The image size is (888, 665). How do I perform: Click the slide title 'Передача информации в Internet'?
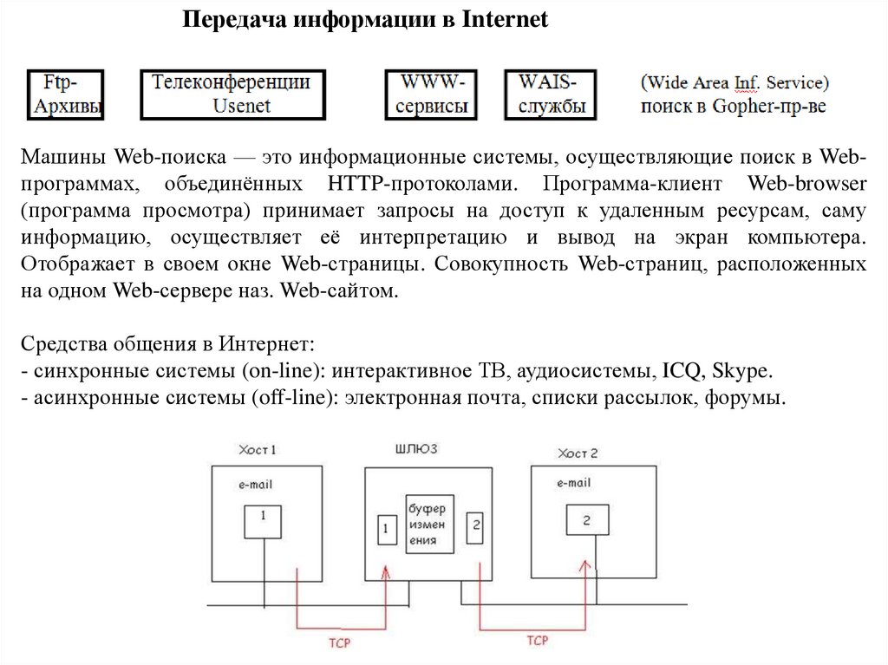(x=365, y=20)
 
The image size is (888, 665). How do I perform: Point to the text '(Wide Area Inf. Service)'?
(x=735, y=83)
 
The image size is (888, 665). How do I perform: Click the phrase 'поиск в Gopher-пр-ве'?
(x=734, y=107)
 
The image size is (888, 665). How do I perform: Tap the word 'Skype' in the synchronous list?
(x=740, y=372)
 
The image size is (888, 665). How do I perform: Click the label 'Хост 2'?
(x=578, y=453)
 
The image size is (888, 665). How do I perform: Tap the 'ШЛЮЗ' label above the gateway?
(x=415, y=448)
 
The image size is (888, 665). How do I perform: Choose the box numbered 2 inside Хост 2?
(x=586, y=520)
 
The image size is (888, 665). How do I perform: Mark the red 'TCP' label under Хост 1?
(x=339, y=643)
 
